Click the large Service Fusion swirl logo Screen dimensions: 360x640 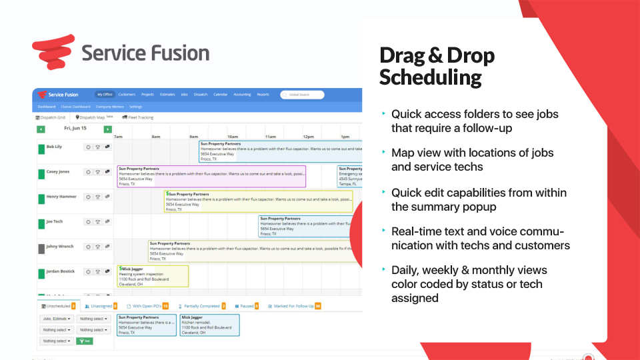(53, 53)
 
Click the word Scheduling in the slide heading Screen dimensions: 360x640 (431, 77)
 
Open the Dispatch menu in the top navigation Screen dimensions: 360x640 (201, 95)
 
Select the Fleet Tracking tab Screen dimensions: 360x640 (138, 117)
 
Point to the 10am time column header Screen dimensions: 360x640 (233, 136)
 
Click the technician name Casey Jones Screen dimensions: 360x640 (57, 172)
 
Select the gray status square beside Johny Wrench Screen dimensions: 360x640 (41, 248)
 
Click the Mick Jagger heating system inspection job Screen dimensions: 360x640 (153, 276)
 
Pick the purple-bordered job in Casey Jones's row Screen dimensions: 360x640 (211, 177)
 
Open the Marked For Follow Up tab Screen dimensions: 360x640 (294, 306)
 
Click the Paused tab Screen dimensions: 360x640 (246, 306)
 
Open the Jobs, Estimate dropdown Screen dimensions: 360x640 (55, 319)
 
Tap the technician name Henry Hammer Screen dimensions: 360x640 (61, 197)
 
